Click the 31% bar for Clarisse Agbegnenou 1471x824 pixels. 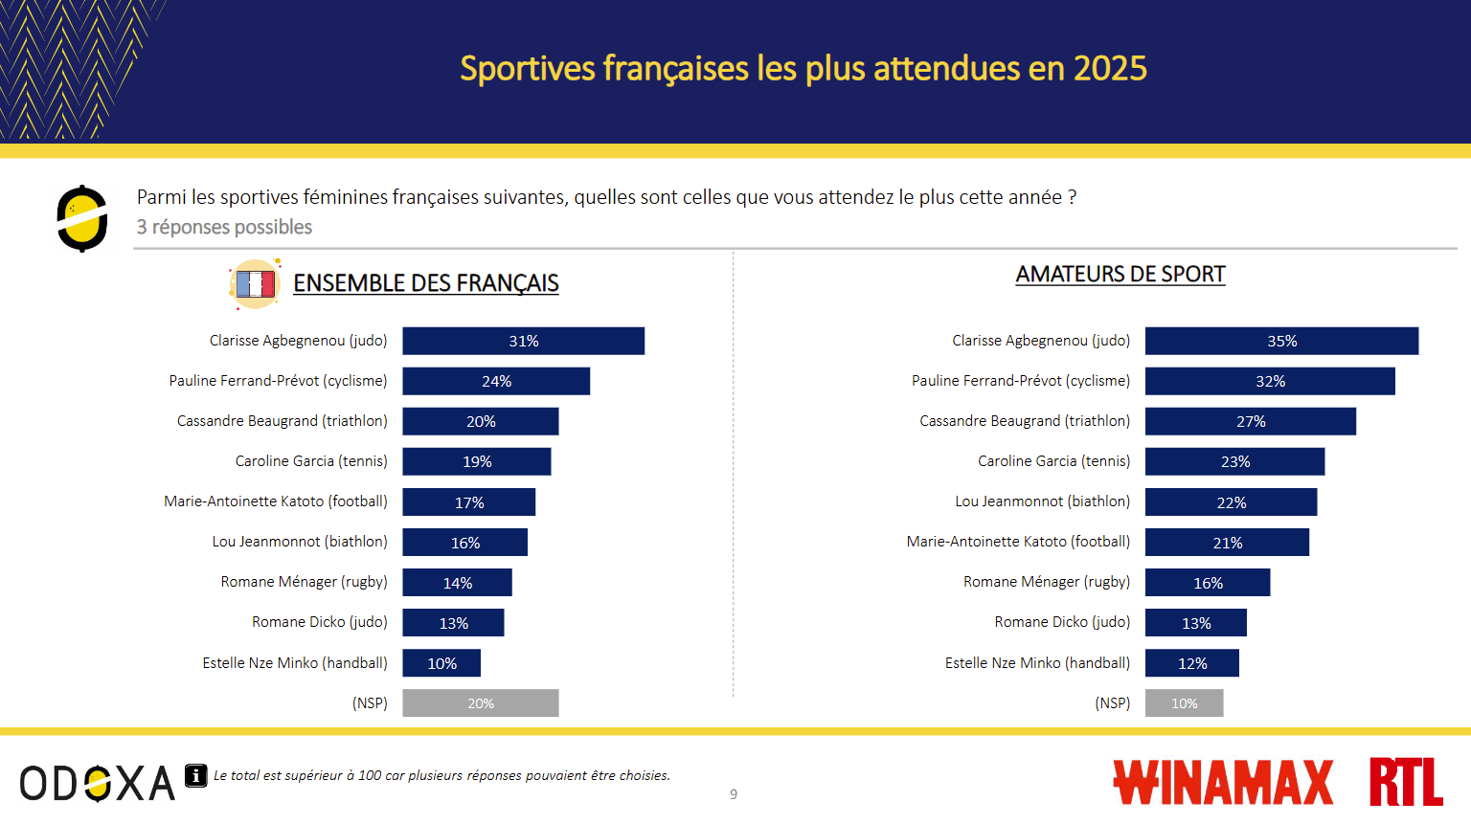(x=523, y=341)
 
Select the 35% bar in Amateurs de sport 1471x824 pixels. (x=1281, y=341)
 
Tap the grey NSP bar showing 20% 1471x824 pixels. (x=480, y=703)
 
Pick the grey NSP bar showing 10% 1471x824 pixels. (x=1184, y=703)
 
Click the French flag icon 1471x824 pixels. (x=255, y=283)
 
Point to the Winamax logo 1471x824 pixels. (x=1223, y=782)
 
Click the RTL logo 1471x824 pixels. (x=1405, y=782)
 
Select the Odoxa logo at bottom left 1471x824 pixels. (x=97, y=783)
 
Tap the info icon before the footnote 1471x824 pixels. (x=195, y=775)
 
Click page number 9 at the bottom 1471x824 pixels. (x=734, y=794)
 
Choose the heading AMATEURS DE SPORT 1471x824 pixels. (x=1120, y=275)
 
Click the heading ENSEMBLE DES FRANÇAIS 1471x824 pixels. (x=426, y=283)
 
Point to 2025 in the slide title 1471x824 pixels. (x=1110, y=69)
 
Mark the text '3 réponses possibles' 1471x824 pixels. (x=224, y=227)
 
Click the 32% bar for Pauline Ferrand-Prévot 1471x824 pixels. (x=1270, y=381)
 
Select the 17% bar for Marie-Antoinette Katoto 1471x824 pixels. (x=468, y=502)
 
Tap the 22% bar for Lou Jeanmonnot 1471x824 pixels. (x=1231, y=502)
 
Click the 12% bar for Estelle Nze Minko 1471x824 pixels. (x=1191, y=663)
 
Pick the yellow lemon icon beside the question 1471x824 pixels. (x=82, y=218)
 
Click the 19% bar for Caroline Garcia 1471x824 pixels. (x=476, y=461)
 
